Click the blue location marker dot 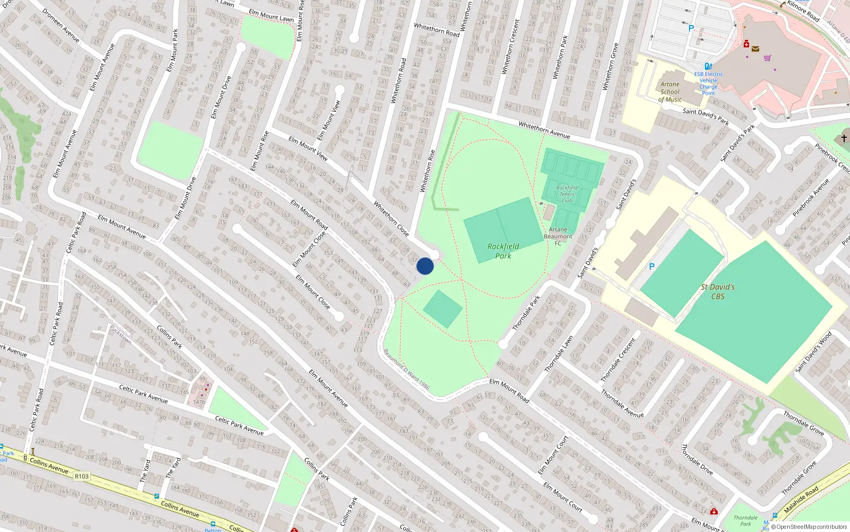tap(425, 266)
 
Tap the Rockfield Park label tap(503, 251)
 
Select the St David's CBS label tap(718, 292)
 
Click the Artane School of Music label tap(670, 92)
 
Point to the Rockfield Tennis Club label tap(567, 194)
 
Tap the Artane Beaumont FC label tap(558, 236)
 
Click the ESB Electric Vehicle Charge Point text tap(708, 84)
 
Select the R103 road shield tap(82, 476)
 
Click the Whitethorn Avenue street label tap(544, 130)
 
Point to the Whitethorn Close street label tap(391, 218)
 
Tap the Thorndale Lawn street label tap(558, 354)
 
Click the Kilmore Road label tap(803, 11)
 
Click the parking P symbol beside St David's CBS tap(652, 267)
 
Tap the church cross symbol tap(844, 138)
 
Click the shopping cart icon tap(767, 58)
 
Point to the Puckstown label tap(121, 335)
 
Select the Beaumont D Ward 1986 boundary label tap(406, 369)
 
